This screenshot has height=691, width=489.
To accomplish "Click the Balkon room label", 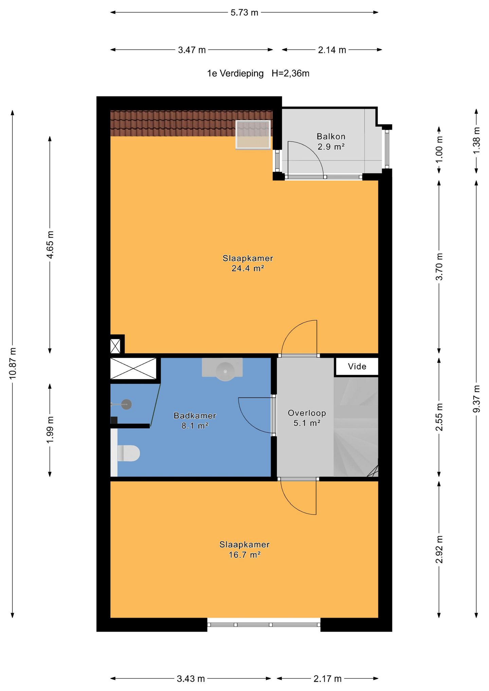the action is pyautogui.click(x=331, y=136).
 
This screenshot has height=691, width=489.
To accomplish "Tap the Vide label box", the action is pyautogui.click(x=357, y=367).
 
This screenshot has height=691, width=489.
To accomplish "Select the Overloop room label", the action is pyautogui.click(x=307, y=413).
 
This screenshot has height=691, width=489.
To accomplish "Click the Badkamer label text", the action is pyautogui.click(x=195, y=415).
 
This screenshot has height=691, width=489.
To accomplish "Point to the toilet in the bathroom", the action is pyautogui.click(x=128, y=453).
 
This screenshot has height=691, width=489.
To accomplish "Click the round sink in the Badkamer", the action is pyautogui.click(x=225, y=371).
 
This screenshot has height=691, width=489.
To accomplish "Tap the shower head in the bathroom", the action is pyautogui.click(x=126, y=404).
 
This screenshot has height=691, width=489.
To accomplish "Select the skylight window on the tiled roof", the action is pyautogui.click(x=253, y=135).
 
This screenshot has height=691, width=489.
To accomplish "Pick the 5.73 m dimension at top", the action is pyautogui.click(x=244, y=13).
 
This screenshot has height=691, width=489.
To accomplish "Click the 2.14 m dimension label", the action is pyautogui.click(x=332, y=50).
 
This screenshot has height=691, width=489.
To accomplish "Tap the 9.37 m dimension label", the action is pyautogui.click(x=476, y=399).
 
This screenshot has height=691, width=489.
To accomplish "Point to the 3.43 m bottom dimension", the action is pyautogui.click(x=191, y=678).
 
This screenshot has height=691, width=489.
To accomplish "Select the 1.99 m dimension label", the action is pyautogui.click(x=50, y=429).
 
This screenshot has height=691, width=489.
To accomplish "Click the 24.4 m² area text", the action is pyautogui.click(x=248, y=268).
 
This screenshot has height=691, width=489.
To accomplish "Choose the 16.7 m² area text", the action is pyautogui.click(x=244, y=555).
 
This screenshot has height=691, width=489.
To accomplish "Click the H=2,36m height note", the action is pyautogui.click(x=290, y=73).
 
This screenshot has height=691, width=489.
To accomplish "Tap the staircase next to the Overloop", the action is pyautogui.click(x=356, y=427).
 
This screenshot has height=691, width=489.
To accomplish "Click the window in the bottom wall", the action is pyautogui.click(x=264, y=624).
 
